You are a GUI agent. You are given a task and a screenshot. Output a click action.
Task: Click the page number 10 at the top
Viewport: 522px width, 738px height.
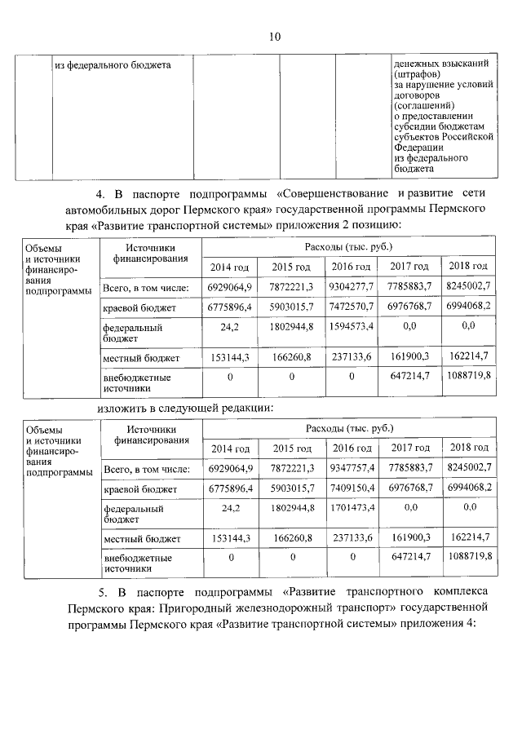[x=273, y=37]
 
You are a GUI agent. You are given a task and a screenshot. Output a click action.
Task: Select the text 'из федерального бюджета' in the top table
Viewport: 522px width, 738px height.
[x=112, y=65]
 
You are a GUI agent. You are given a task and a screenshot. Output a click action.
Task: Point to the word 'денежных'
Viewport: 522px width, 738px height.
[x=414, y=64]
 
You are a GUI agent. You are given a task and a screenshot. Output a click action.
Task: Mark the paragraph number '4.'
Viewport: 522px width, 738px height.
[x=101, y=194]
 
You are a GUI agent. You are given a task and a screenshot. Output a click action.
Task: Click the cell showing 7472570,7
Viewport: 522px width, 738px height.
[x=351, y=306]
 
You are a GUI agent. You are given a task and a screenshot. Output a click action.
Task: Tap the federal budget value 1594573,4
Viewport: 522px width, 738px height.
[x=351, y=326]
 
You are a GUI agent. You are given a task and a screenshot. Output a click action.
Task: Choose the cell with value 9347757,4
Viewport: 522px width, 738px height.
[x=351, y=469]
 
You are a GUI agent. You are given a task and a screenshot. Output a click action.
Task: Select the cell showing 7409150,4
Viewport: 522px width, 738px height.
[x=351, y=488]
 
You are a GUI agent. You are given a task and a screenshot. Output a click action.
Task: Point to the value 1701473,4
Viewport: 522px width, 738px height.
[x=351, y=508]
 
